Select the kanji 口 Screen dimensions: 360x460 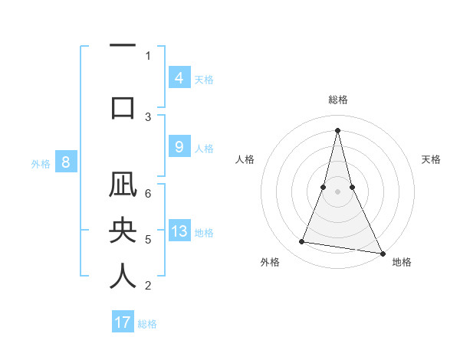pos(123,107)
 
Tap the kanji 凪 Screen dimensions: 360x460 pos(123,188)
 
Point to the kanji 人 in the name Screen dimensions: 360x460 pos(123,276)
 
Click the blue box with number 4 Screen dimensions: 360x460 pos(179,77)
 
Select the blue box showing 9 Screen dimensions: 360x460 pos(179,147)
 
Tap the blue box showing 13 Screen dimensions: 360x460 pos(179,231)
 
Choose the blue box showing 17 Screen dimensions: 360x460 pos(123,322)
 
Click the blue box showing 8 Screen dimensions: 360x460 pos(66,162)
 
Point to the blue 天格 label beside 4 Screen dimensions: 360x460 pos(204,79)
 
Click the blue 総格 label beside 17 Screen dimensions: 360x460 pos(147,324)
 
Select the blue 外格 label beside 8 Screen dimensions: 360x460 pos(41,163)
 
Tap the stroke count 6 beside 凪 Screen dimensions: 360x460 pos(148,194)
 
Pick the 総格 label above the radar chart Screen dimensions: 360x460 pos(337,100)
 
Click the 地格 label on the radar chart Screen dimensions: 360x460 pos(402,262)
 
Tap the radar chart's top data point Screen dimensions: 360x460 pos(337,129)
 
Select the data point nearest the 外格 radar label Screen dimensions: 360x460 pos(302,242)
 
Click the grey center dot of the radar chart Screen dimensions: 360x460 pos(337,191)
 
